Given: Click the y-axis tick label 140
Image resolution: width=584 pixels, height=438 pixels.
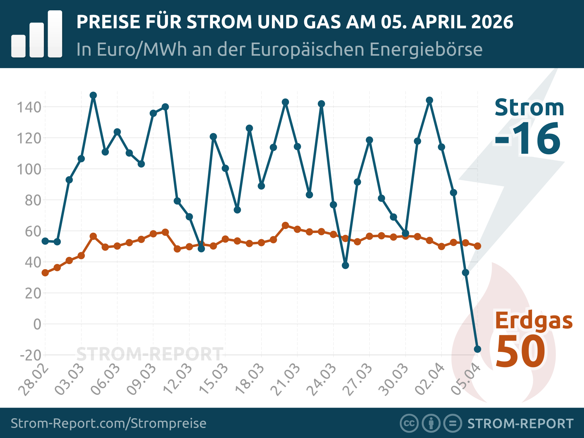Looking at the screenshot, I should tap(29, 107).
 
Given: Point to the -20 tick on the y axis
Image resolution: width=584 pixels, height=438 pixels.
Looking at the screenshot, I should tap(30, 355).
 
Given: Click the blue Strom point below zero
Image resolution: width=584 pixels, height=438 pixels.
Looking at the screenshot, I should tap(478, 349).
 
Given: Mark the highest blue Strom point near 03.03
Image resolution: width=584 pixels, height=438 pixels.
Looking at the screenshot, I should tap(93, 95).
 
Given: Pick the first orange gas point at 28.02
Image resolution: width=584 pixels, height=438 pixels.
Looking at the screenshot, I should tap(45, 273).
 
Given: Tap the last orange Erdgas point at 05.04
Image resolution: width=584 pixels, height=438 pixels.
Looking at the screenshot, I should tap(478, 246).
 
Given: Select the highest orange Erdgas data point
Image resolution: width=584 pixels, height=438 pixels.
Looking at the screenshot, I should tap(285, 225).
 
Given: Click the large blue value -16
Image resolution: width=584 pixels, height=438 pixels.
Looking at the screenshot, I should tap(527, 139).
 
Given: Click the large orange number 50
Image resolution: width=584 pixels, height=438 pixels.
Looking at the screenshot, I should tap(520, 351).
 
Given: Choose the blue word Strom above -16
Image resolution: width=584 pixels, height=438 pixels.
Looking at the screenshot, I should tap(529, 108).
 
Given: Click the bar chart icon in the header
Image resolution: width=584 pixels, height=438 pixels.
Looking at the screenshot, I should tap(37, 34).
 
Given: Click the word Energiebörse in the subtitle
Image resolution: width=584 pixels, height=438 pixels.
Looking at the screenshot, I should tap(426, 49).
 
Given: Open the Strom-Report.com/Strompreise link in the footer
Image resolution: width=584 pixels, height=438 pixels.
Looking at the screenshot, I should tap(109, 423).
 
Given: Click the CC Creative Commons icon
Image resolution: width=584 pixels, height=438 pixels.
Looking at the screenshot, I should tap(409, 423).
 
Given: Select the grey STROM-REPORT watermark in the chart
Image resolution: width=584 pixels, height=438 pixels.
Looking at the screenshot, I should tap(150, 354).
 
